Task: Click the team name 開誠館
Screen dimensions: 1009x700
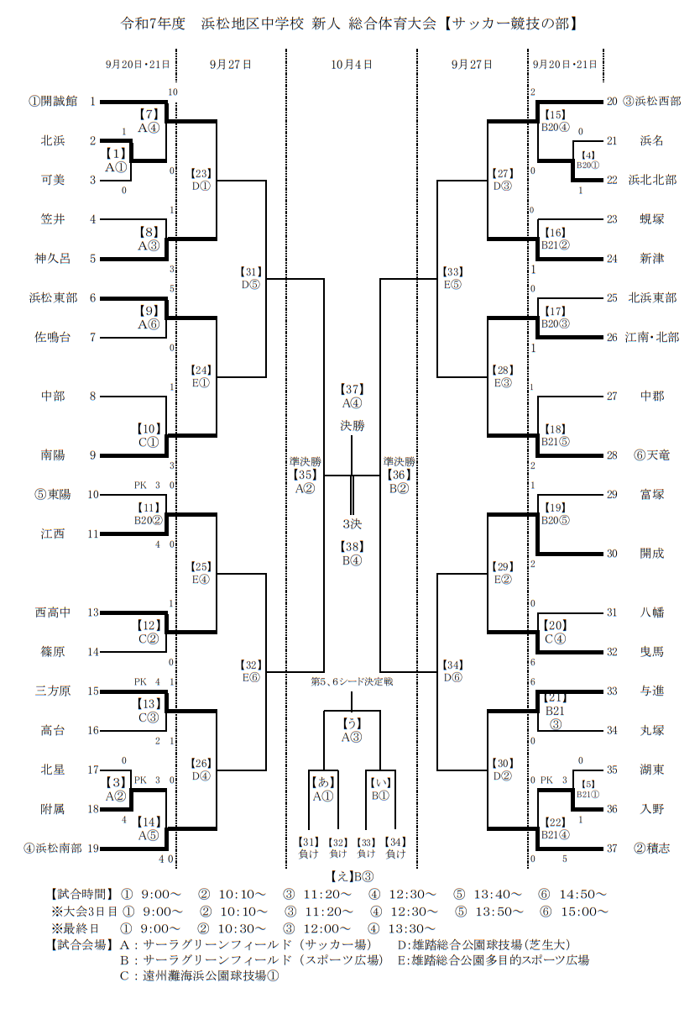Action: pyautogui.click(x=60, y=101)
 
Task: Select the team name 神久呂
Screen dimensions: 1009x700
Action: pyautogui.click(x=53, y=259)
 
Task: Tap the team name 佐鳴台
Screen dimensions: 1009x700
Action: pyautogui.click(x=53, y=338)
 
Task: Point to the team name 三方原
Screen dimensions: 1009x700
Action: pyautogui.click(x=53, y=691)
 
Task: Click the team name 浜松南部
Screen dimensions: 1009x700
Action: pyautogui.click(x=60, y=849)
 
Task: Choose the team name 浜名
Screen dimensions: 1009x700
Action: pyautogui.click(x=651, y=140)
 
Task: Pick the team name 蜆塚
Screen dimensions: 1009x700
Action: pyautogui.click(x=651, y=219)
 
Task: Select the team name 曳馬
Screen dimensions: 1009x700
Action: pyautogui.click(x=651, y=652)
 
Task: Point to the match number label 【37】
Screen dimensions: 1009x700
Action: pyautogui.click(x=352, y=389)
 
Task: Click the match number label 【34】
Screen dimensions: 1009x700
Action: pyautogui.click(x=452, y=665)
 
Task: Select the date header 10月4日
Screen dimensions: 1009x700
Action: pyautogui.click(x=352, y=64)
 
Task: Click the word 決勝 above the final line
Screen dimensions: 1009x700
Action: pyautogui.click(x=353, y=426)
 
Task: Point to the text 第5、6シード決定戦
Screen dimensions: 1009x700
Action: pyautogui.click(x=352, y=681)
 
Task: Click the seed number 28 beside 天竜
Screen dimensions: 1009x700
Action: pyautogui.click(x=611, y=455)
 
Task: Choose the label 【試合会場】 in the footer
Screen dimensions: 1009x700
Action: pyautogui.click(x=81, y=944)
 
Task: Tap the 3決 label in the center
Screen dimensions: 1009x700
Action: pyautogui.click(x=352, y=525)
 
